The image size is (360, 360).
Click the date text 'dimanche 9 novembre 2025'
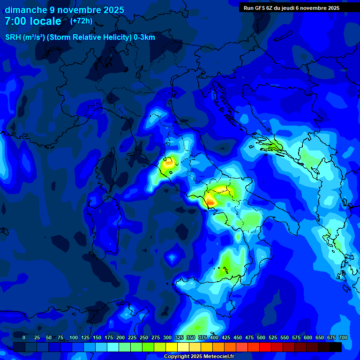click(64, 10)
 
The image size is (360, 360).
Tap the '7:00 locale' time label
click(33, 21)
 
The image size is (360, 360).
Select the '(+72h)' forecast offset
click(81, 21)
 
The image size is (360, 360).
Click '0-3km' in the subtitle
click(144, 37)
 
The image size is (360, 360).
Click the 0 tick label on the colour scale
click(24, 337)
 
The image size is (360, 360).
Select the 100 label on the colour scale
click(74, 337)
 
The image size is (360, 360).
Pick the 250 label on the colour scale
click(144, 337)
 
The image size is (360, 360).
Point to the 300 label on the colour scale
click(167, 337)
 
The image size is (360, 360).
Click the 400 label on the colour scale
click(214, 337)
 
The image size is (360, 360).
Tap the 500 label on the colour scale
click(261, 337)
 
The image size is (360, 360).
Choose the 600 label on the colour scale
click(308, 337)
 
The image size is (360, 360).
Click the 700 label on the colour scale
click(343, 337)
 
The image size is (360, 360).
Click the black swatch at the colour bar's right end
click(336, 347)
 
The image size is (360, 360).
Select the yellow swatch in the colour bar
click(172, 347)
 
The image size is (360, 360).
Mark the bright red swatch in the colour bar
click(265, 347)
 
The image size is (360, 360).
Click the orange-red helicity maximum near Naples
click(210, 201)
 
